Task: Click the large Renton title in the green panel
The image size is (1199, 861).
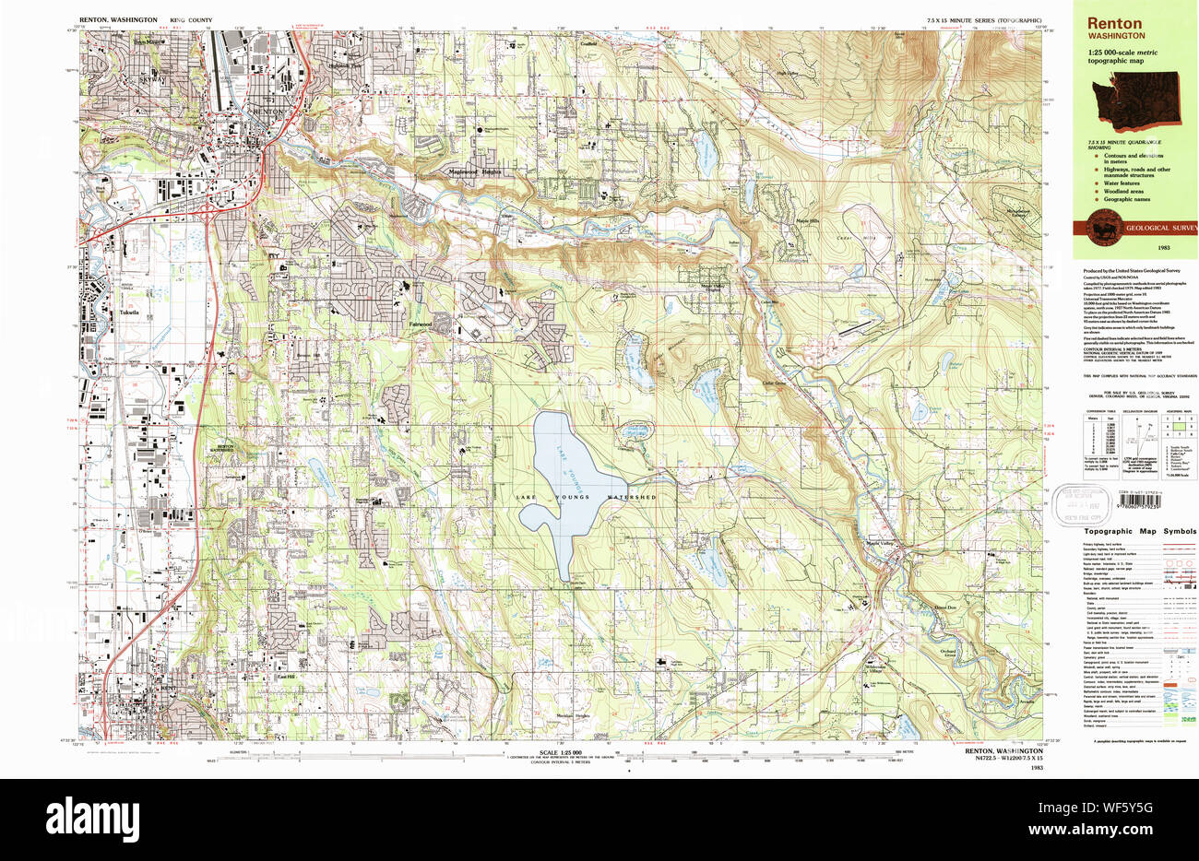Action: pyautogui.click(x=1113, y=23)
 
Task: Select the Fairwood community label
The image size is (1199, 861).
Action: pyautogui.click(x=422, y=324)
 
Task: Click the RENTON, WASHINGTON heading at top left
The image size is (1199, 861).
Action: pyautogui.click(x=118, y=19)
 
